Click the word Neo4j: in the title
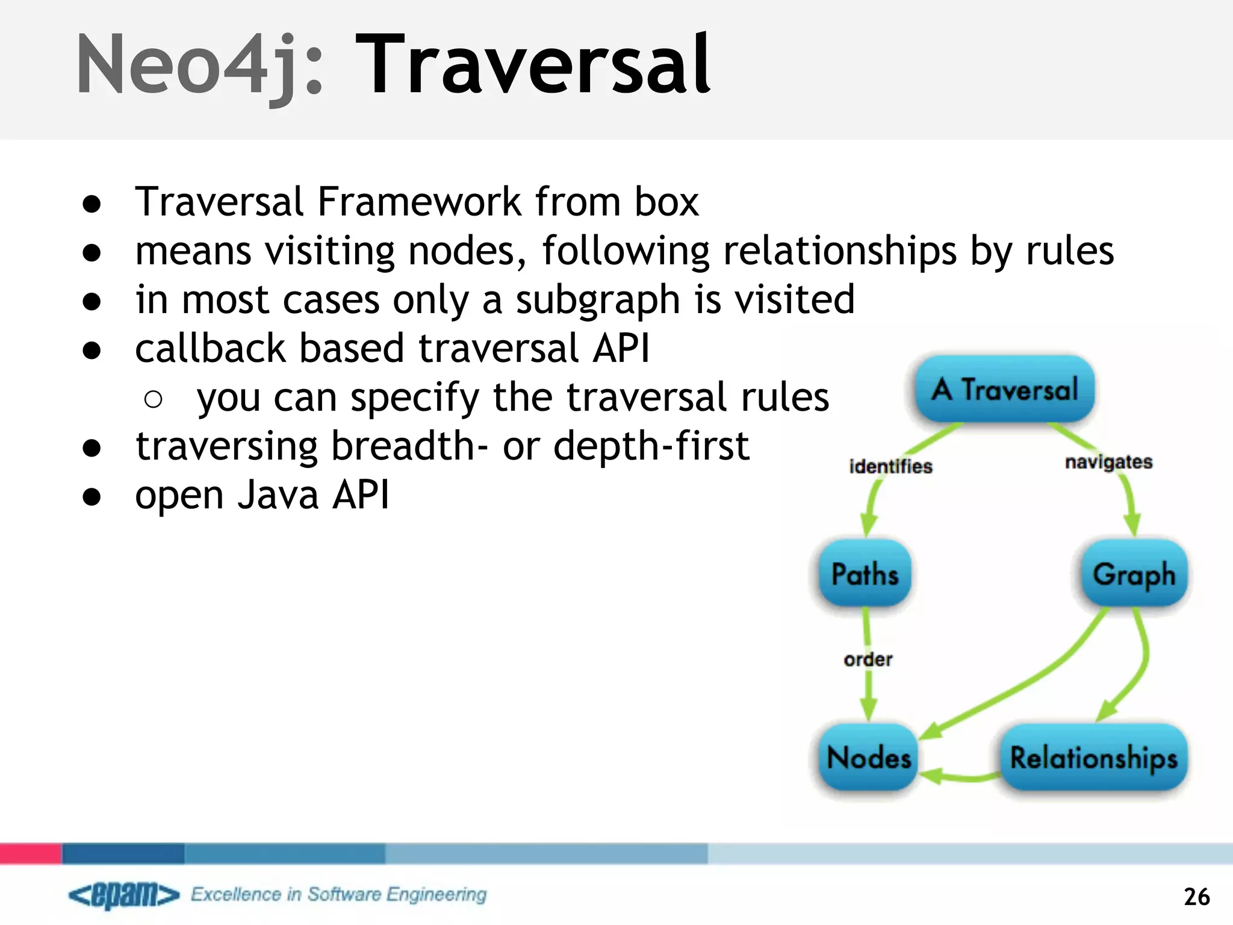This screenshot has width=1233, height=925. pos(199,65)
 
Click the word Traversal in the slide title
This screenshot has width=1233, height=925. pos(533,65)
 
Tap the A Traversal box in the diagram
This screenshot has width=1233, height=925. pos(1004,388)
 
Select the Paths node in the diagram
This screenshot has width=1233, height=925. pos(865,573)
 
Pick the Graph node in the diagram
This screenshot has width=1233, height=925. pos(1134,573)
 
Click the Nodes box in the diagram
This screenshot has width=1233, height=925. pos(868,757)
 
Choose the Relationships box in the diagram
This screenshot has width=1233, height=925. pos(1093,757)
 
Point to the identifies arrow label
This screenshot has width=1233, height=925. pos(890,466)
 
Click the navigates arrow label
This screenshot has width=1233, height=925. pos(1108,462)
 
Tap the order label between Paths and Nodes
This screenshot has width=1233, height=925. pos(868,659)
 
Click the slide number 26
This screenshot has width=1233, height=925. pos(1196,897)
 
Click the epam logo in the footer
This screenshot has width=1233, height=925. pos(124,895)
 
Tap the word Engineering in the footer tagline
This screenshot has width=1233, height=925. pos(436,894)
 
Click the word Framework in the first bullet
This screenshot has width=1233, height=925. pos(419,202)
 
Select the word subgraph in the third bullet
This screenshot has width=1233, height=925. pos(597,300)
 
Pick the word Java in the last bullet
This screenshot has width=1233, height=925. pos(278,496)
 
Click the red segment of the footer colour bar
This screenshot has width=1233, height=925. pos(30,853)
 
